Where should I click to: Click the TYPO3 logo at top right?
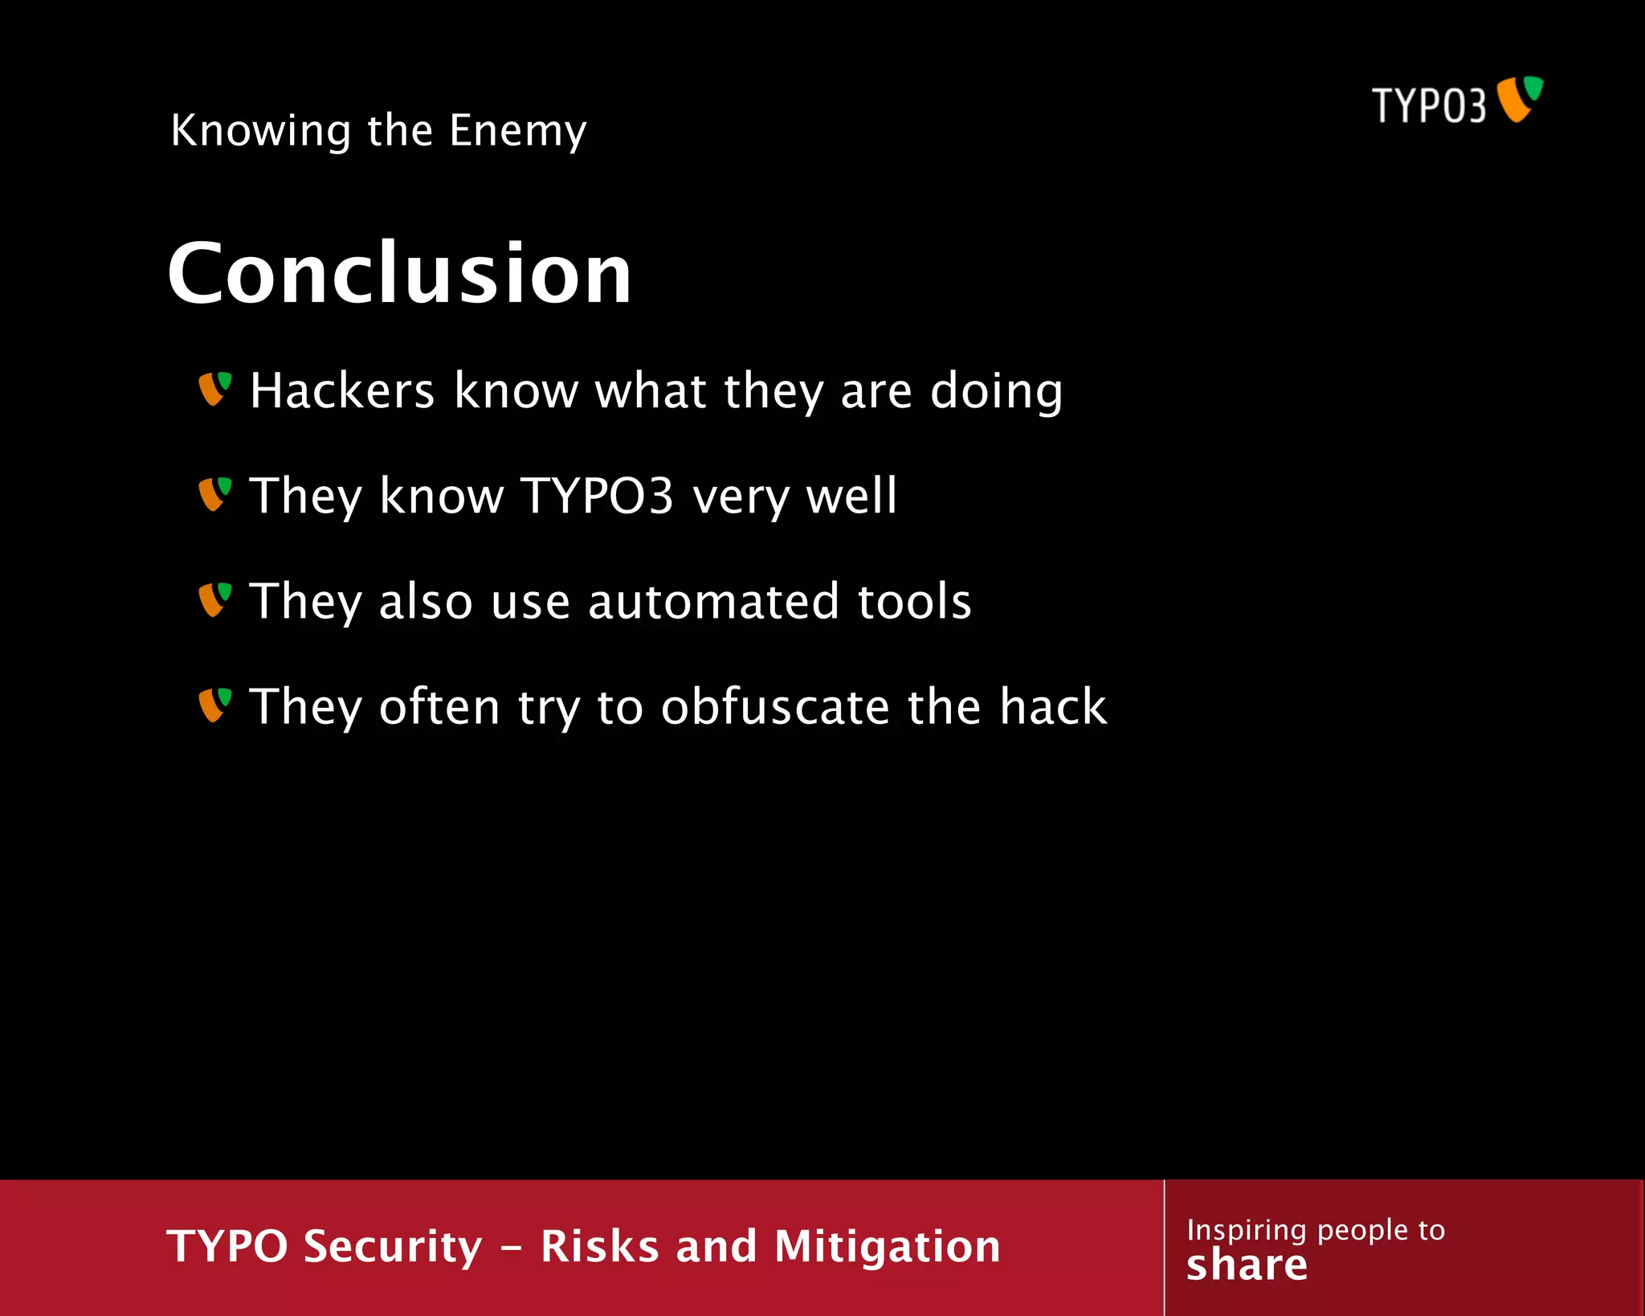pyautogui.click(x=1457, y=102)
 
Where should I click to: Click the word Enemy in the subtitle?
pyautogui.click(x=518, y=131)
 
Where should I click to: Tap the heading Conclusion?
pyautogui.click(x=399, y=273)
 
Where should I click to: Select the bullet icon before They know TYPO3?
pyautogui.click(x=214, y=494)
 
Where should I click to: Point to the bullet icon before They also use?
pyautogui.click(x=214, y=600)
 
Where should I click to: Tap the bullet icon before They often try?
pyautogui.click(x=214, y=705)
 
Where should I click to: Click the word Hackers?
pyautogui.click(x=342, y=390)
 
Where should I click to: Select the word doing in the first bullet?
pyautogui.click(x=996, y=392)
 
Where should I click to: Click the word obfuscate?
pyautogui.click(x=774, y=707)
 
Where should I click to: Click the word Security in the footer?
pyautogui.click(x=393, y=1247)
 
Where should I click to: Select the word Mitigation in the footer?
pyautogui.click(x=887, y=1247)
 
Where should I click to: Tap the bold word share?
pyautogui.click(x=1247, y=1265)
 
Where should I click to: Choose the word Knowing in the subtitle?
pyautogui.click(x=261, y=131)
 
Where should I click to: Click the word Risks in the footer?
pyautogui.click(x=599, y=1247)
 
